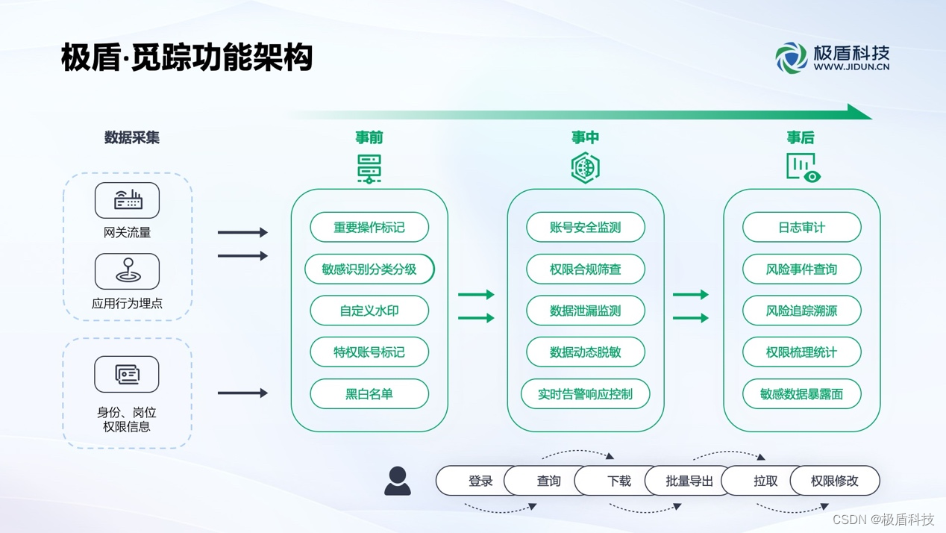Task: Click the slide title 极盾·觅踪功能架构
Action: tap(187, 57)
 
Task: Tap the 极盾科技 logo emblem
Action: tap(791, 57)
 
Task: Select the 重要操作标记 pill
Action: tap(369, 228)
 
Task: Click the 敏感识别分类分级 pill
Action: tap(369, 269)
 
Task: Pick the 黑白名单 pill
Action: tap(369, 394)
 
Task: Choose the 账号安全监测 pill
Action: tap(586, 228)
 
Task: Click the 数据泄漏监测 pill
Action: tap(586, 311)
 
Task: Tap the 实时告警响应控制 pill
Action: tap(586, 394)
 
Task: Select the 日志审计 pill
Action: tap(802, 228)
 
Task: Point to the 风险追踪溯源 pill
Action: tap(802, 311)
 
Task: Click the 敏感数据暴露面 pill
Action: tap(802, 394)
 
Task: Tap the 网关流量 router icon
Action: tap(128, 200)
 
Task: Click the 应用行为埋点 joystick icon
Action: tap(128, 271)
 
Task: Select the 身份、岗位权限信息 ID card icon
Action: tap(127, 374)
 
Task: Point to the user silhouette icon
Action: tap(398, 481)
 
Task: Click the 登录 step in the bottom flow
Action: tap(477, 481)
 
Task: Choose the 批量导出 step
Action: tap(689, 481)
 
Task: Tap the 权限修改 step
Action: tap(835, 481)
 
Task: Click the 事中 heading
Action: tap(586, 137)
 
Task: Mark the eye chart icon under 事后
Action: tap(804, 168)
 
